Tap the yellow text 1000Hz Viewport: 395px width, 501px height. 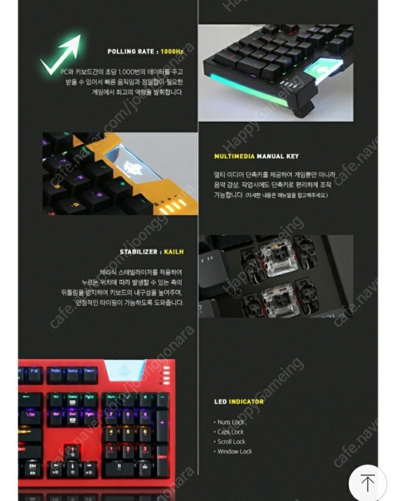coord(171,52)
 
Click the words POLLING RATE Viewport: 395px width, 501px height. coord(131,52)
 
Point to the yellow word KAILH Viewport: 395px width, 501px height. coord(173,252)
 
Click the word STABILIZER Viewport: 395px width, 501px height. coord(139,252)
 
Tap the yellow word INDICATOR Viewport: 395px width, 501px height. coord(246,402)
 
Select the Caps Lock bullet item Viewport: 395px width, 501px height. coord(230,432)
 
